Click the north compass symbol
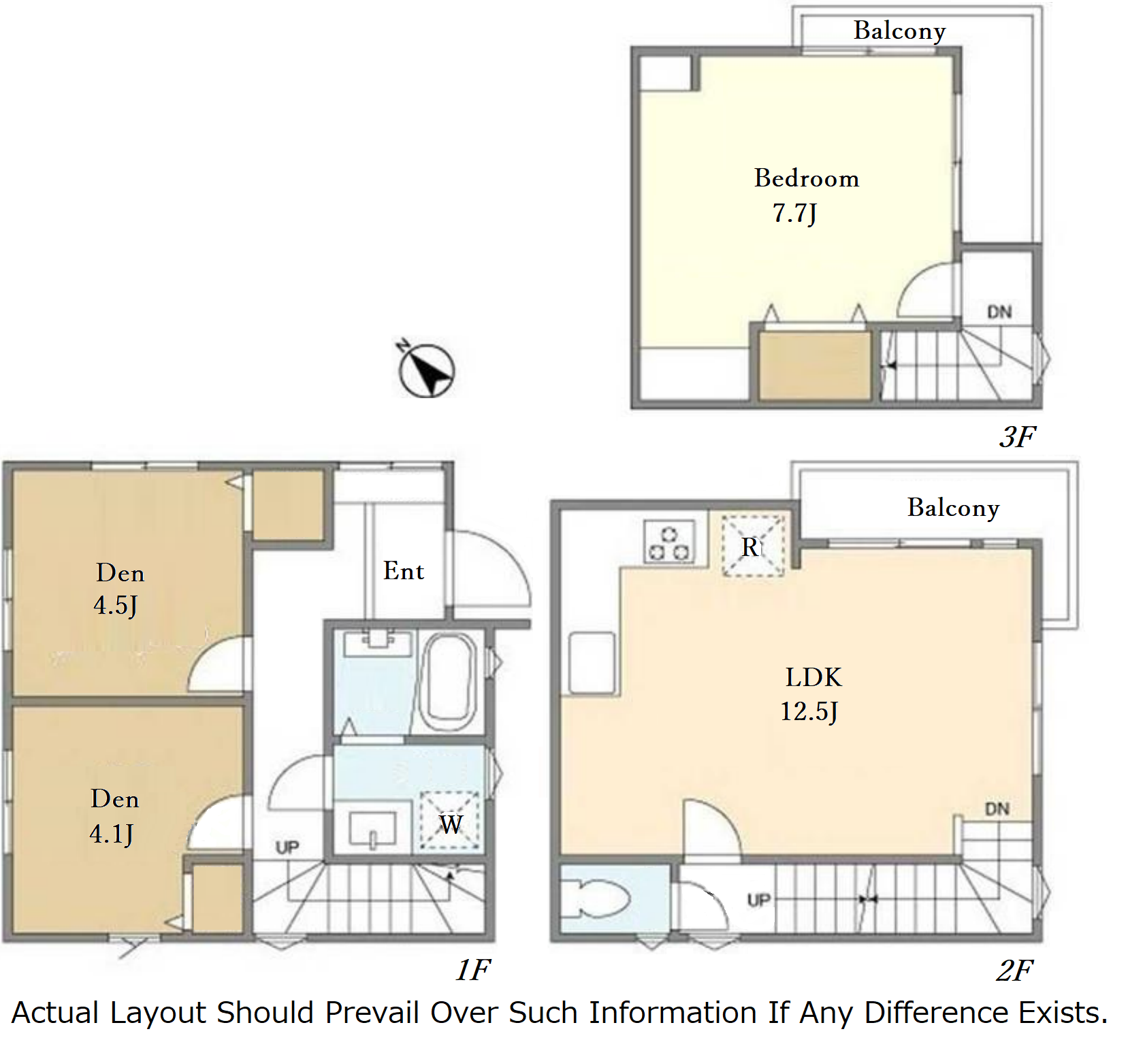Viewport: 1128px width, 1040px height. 425,370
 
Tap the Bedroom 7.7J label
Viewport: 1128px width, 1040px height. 806,195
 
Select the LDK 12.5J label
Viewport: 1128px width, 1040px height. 811,694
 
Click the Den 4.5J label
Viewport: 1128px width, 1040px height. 119,589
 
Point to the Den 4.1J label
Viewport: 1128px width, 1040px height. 114,815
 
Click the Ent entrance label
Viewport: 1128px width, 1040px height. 404,570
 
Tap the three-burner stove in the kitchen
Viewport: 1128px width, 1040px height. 669,542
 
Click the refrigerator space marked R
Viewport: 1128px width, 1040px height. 753,546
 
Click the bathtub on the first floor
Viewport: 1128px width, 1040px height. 447,682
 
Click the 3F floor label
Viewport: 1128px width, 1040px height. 1018,436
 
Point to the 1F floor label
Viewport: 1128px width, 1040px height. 473,969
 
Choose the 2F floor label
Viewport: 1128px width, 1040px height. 1014,970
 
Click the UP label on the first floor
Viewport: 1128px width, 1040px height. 287,847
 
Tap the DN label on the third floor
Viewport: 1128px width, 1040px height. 999,312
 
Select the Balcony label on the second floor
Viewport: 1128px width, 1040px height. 953,508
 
